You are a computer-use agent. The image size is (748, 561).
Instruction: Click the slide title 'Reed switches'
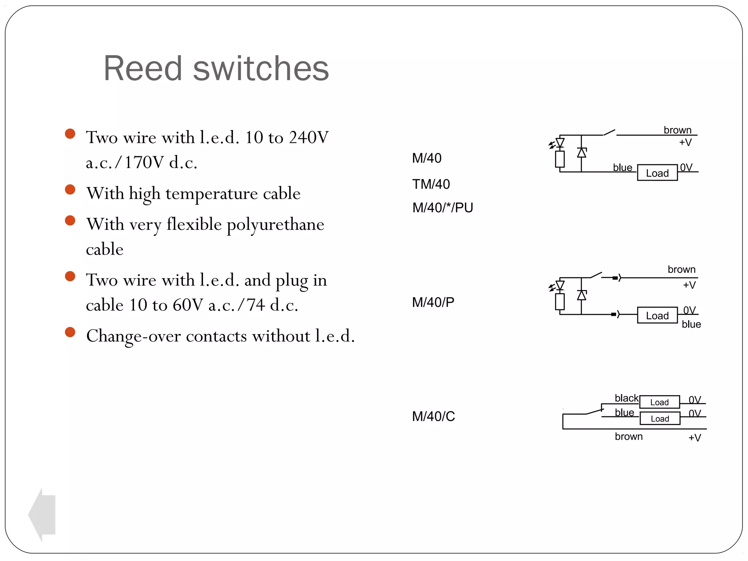click(x=216, y=68)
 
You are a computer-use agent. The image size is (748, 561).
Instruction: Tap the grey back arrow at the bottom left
click(x=42, y=515)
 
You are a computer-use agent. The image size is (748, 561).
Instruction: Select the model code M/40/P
click(x=433, y=302)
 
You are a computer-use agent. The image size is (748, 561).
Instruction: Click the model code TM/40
click(x=431, y=184)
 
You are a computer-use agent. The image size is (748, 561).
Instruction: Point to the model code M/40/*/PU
click(x=443, y=208)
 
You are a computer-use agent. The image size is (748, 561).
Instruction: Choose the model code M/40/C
click(x=434, y=416)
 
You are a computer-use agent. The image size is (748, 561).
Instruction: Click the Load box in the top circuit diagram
click(x=657, y=173)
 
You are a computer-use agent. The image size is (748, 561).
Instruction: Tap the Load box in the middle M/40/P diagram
click(x=657, y=316)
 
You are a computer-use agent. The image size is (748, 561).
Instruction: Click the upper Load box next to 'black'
click(x=659, y=402)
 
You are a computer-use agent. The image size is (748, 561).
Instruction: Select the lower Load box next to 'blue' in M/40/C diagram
click(x=660, y=419)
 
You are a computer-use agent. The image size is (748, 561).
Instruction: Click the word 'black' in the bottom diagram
click(x=626, y=398)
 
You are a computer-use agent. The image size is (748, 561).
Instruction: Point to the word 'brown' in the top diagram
click(x=678, y=130)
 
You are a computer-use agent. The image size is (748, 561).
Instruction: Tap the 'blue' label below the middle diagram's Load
click(x=691, y=324)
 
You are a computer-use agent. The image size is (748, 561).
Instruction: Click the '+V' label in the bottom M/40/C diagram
click(x=695, y=438)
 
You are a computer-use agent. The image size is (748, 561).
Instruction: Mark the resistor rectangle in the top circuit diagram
click(x=560, y=159)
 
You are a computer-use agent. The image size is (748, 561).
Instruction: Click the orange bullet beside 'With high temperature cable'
click(x=70, y=190)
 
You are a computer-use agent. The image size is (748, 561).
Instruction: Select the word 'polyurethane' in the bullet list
click(x=275, y=224)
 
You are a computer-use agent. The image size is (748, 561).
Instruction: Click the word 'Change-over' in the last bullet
click(x=133, y=336)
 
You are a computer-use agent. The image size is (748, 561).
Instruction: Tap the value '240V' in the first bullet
click(x=309, y=138)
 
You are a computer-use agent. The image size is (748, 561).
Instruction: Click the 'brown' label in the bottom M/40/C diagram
click(x=629, y=436)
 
